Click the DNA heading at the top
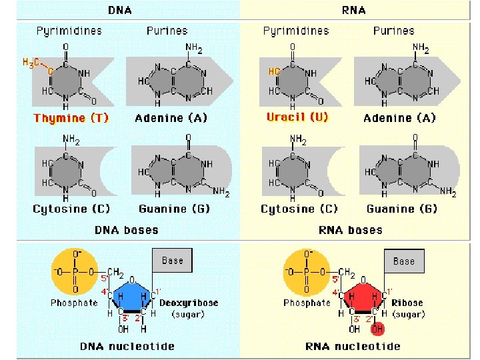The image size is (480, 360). (x=119, y=11)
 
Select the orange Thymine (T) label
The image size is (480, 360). (x=71, y=118)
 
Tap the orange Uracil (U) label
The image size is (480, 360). (x=297, y=117)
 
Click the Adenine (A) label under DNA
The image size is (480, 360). (x=171, y=118)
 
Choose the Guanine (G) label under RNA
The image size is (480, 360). (x=402, y=209)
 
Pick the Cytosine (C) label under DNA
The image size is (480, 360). (x=71, y=209)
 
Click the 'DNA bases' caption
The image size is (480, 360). (x=126, y=230)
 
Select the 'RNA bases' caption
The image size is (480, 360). (x=351, y=230)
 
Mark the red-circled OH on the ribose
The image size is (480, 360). (x=377, y=329)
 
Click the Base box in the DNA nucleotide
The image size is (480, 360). (x=172, y=261)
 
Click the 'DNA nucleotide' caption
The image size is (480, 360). (x=127, y=346)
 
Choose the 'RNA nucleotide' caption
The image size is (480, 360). (x=353, y=346)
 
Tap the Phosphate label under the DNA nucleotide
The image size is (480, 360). (x=75, y=302)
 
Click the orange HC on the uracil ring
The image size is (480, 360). (x=274, y=71)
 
